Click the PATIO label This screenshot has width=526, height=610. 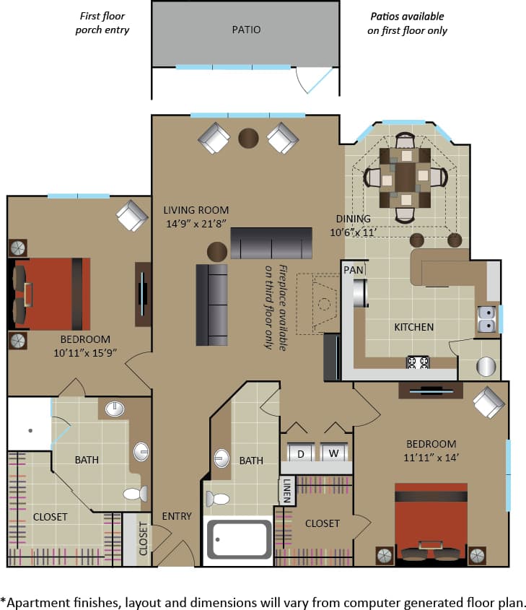246,30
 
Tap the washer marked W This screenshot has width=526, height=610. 334,453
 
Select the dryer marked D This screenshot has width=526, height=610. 300,453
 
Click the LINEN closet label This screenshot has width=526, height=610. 287,491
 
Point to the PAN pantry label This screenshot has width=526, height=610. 353,269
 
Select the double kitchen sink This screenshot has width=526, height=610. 486,318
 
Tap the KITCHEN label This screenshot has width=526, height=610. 413,327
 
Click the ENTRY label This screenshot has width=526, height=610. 177,515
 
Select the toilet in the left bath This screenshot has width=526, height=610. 135,494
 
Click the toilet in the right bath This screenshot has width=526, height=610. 218,498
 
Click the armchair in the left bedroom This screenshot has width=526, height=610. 131,215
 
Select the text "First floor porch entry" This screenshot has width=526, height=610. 103,23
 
